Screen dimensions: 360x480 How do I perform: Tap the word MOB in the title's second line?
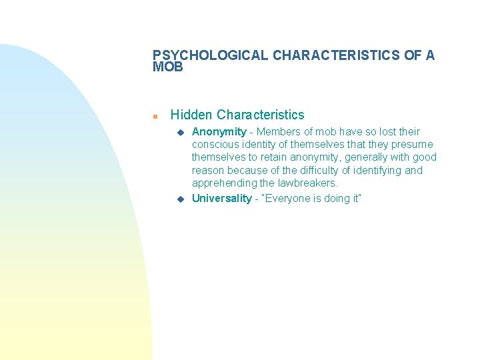pos(167,67)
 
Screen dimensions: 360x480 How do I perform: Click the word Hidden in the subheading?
pos(192,115)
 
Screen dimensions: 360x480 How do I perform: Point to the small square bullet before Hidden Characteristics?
pos(155,116)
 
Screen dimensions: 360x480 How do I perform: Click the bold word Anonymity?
pos(219,132)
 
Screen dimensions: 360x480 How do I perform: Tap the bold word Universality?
pos(221,199)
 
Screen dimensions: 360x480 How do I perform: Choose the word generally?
pos(365,157)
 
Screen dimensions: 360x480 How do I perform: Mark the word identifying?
pos(374,170)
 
